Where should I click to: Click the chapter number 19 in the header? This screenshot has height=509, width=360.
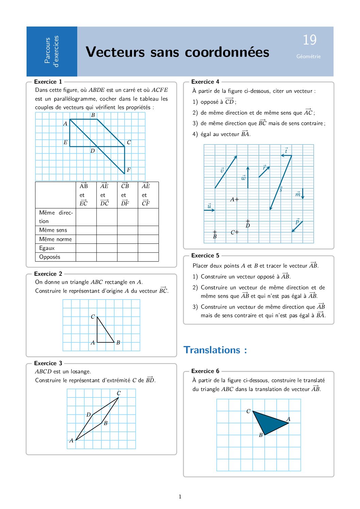click(310, 40)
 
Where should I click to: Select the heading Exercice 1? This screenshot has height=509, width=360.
click(48, 82)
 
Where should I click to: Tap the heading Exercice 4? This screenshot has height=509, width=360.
click(205, 82)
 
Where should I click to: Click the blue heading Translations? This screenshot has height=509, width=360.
click(215, 350)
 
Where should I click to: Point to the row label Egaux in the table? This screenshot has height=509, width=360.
click(47, 248)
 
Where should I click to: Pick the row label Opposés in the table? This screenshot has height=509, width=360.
click(50, 257)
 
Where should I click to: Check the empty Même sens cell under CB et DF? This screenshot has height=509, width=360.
click(127, 230)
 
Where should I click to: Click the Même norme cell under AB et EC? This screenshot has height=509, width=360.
click(86, 239)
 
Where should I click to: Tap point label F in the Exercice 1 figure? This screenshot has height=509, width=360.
click(129, 169)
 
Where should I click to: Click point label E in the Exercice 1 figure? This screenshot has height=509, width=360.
click(65, 142)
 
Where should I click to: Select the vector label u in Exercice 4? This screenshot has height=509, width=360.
click(209, 206)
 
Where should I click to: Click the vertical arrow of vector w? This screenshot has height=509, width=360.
click(248, 177)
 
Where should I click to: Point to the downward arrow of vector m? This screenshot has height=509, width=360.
click(302, 193)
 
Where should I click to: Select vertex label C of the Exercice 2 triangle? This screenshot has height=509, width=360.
click(93, 317)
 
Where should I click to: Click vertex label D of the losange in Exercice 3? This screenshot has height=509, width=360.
click(88, 414)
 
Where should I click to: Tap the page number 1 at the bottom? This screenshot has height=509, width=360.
click(180, 497)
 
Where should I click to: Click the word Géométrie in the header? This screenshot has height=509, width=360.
click(308, 56)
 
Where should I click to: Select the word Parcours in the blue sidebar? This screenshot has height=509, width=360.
click(47, 50)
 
